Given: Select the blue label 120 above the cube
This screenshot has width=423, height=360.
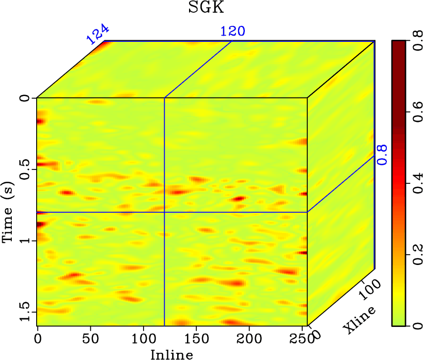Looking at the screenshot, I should coord(232,31).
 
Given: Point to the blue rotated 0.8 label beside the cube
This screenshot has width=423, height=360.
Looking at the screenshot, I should coord(382,154).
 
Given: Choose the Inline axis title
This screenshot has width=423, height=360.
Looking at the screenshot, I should coord(172,354).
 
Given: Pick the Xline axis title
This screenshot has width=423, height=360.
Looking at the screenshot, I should coord(360,319).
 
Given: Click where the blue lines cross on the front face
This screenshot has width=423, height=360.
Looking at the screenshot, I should coord(164,212).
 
